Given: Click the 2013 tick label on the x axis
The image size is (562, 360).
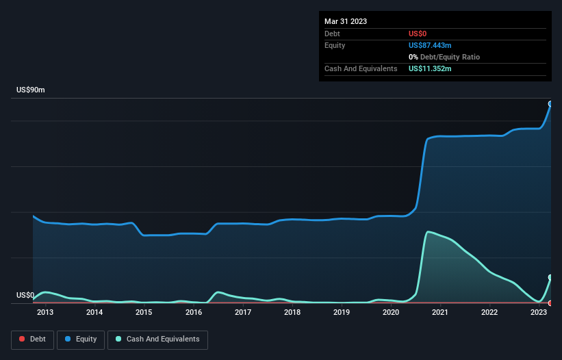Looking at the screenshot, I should coord(44,312).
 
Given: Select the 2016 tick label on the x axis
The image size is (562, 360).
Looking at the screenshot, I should coord(194,312).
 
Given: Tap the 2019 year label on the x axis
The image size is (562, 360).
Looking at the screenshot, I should coord(342,312).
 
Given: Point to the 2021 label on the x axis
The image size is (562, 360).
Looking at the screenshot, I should coord(440,312).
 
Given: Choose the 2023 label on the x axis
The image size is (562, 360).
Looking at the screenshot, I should coord(539,312).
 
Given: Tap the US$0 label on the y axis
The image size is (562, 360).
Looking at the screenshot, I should coord(25,296).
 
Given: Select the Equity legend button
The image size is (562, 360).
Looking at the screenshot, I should coord(81,339).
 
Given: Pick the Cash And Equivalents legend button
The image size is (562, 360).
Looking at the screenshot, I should coord(157,339).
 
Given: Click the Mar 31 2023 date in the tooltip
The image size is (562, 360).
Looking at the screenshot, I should coord(346,21).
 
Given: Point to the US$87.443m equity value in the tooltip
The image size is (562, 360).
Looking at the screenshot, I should coord(430,45).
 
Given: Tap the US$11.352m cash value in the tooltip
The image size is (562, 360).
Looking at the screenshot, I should coord(430,68).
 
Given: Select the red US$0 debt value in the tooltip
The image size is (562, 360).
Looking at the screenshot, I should coord(418,34).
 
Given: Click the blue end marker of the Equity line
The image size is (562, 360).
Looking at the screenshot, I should coord(550,104).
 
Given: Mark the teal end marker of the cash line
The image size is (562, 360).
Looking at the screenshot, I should coord(550,277).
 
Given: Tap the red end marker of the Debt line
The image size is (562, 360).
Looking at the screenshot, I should coord(550,303).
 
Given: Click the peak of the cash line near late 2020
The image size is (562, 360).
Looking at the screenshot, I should coord(428,232).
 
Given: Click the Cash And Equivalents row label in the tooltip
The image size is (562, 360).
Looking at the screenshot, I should coord(361,68).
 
